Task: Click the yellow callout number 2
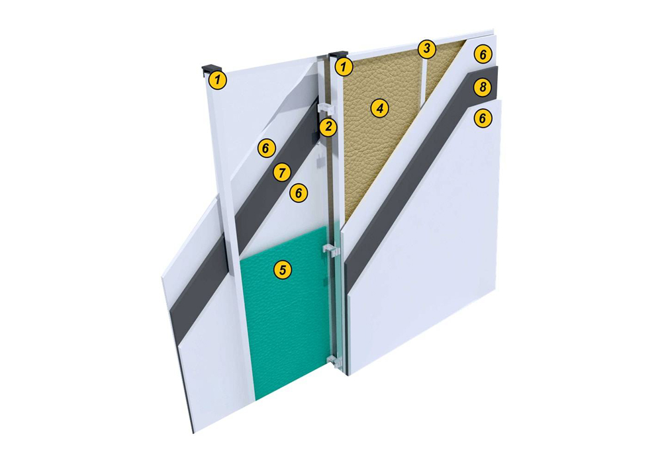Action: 328,128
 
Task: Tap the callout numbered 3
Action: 427,49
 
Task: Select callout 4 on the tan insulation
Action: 379,108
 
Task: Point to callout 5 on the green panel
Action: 283,269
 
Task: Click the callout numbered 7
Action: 282,173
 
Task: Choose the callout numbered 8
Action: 483,87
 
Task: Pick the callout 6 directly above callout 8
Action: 483,54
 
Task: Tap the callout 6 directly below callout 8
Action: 483,118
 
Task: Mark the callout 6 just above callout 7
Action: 266,148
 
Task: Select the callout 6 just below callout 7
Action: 299,193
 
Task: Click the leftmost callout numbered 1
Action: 218,79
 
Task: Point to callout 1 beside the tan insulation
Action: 344,67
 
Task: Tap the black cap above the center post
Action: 338,55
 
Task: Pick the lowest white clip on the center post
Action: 334,360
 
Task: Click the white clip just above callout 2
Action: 325,108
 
